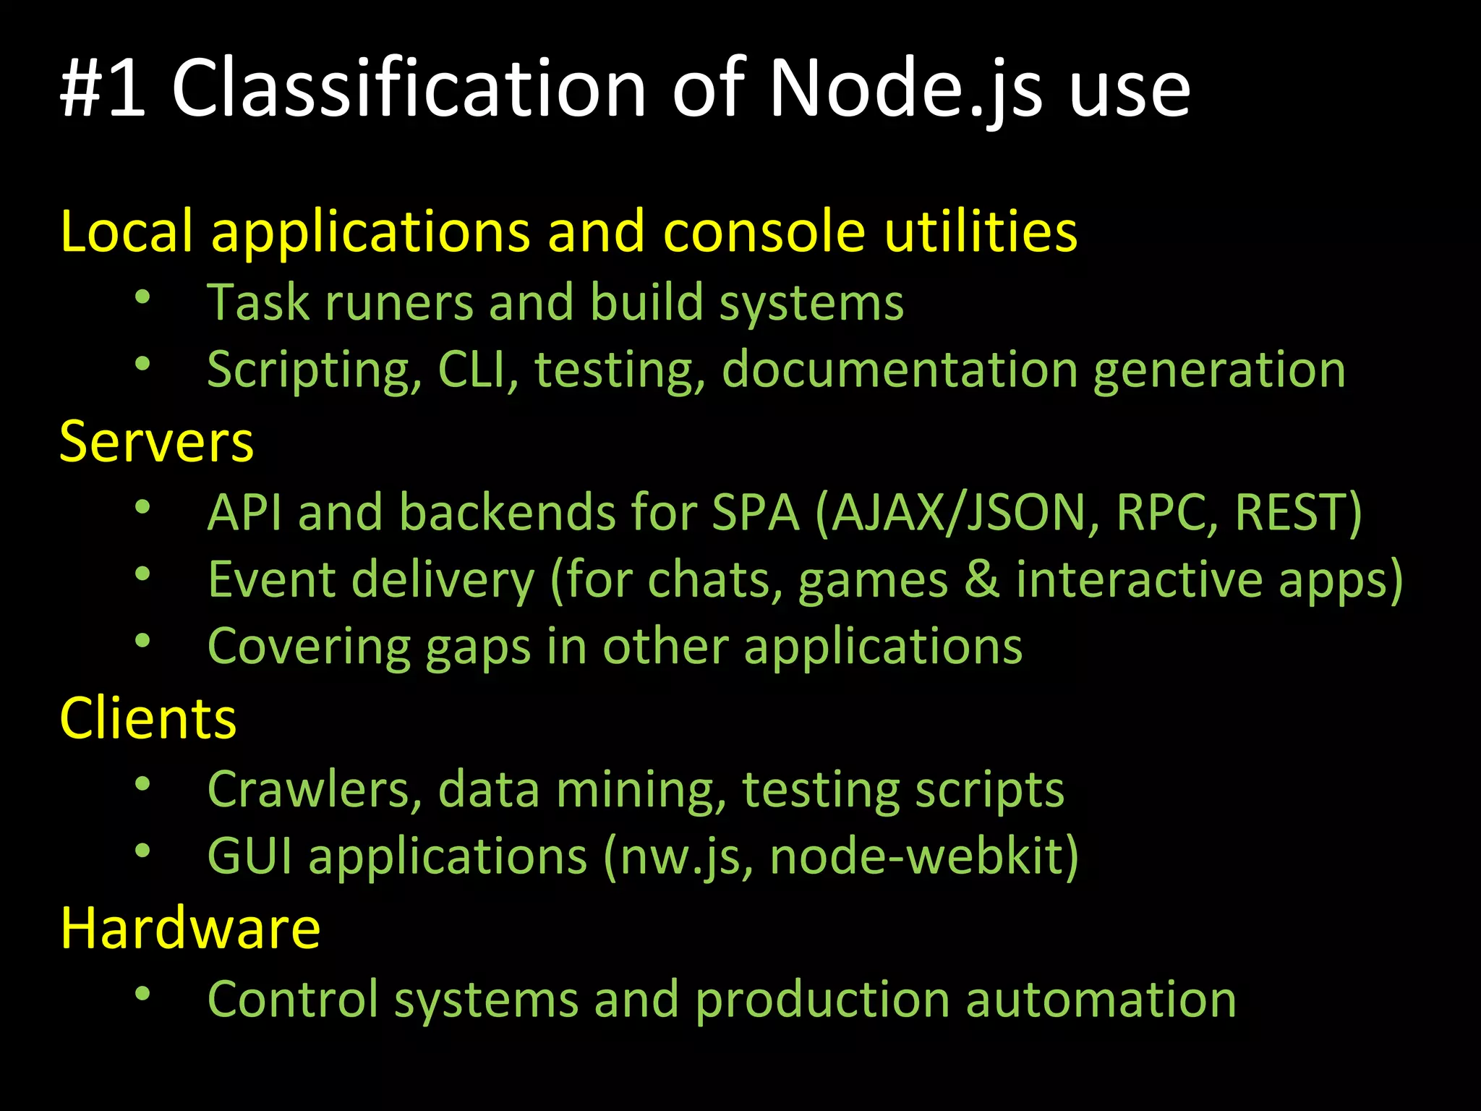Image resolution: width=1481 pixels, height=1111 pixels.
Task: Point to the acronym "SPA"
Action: click(756, 512)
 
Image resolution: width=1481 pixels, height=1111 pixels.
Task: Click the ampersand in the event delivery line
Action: click(981, 579)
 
